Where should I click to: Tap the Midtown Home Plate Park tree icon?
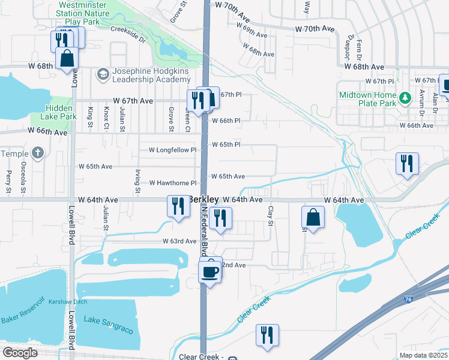tap(406, 97)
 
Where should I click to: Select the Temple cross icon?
tap(37, 153)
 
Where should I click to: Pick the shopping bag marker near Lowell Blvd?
tap(67, 59)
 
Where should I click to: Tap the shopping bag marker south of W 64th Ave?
tap(313, 218)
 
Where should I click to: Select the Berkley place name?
tap(203, 199)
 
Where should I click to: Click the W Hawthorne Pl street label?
tap(173, 182)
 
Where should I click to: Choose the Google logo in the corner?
tap(20, 353)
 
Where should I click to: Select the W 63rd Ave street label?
tap(179, 241)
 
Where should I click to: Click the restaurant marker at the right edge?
tap(406, 163)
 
